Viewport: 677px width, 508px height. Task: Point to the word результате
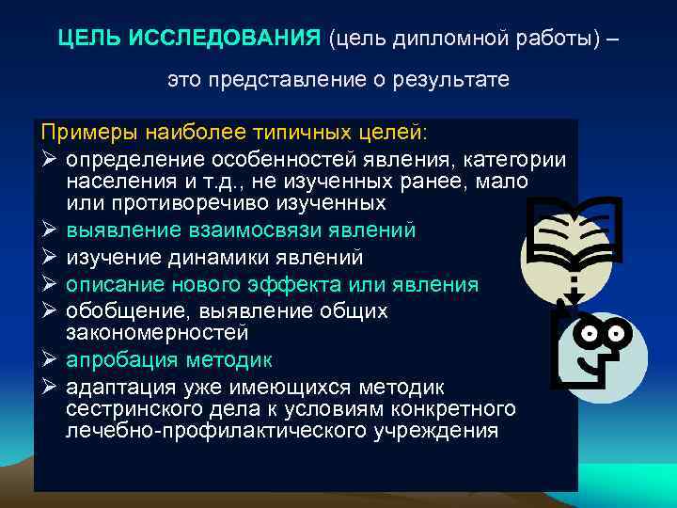[x=458, y=81]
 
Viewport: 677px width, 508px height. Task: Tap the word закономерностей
[x=157, y=332]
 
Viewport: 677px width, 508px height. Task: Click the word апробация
[x=119, y=360]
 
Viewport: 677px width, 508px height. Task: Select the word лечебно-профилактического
[x=227, y=432]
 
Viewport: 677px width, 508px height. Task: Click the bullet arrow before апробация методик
[x=49, y=360]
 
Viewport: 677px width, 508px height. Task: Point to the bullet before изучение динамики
[x=49, y=257]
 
